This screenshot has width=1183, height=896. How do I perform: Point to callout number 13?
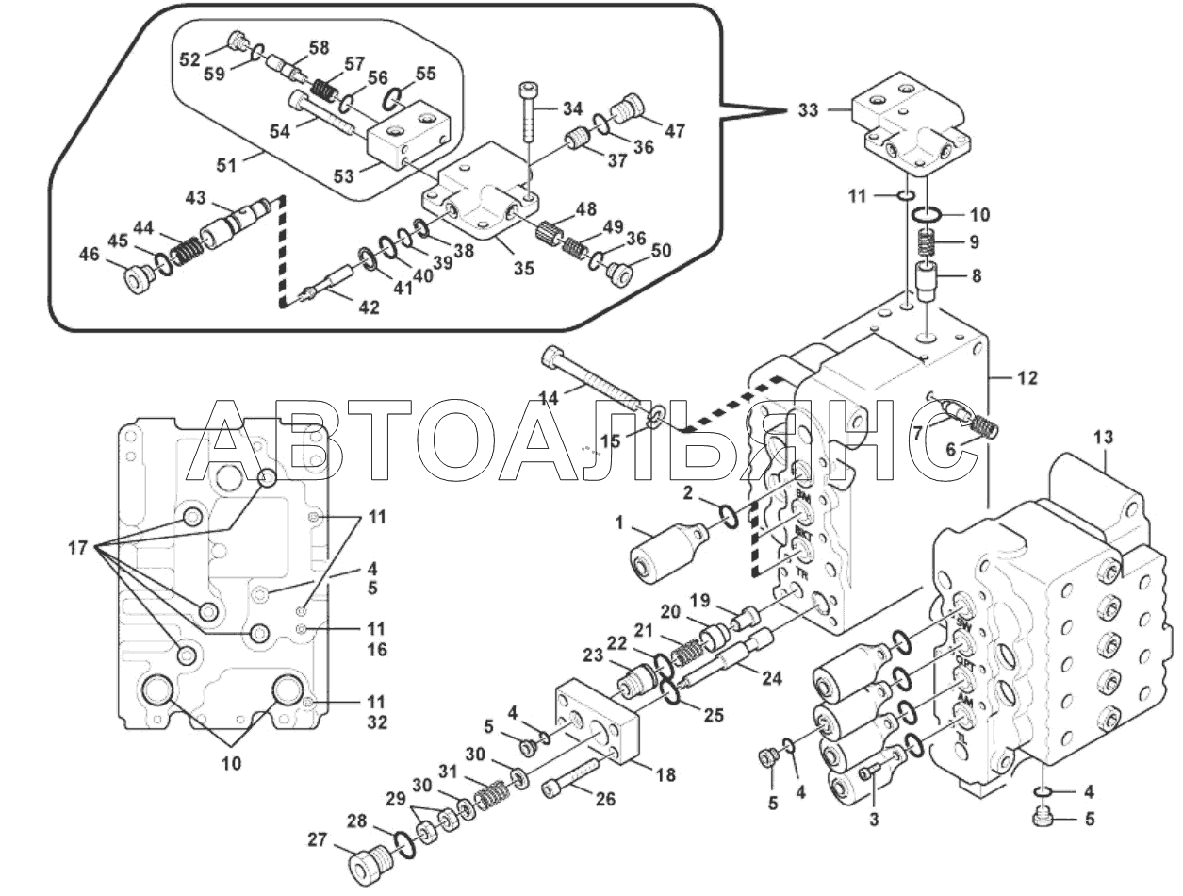tap(1103, 437)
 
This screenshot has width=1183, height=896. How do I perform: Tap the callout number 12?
tap(1026, 378)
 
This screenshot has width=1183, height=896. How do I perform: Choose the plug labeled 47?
tap(631, 110)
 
